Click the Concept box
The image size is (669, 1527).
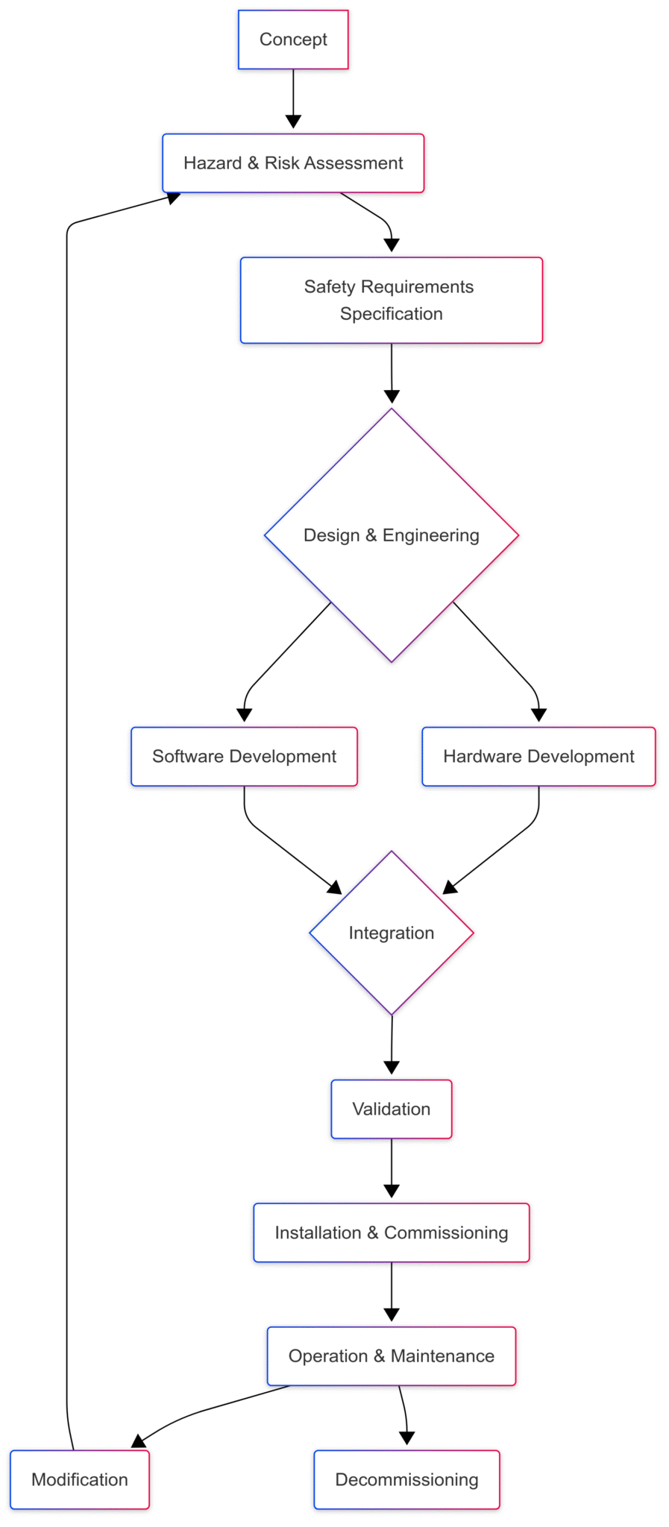293,40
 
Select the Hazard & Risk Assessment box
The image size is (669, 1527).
293,163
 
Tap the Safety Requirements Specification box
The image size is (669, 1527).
391,300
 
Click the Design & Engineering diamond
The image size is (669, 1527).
391,535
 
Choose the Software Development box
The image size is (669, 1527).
244,756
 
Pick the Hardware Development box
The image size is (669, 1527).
538,756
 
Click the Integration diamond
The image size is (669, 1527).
391,933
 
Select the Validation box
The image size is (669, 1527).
391,1109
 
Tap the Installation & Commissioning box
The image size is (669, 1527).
391,1232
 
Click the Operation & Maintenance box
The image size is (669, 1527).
391,1356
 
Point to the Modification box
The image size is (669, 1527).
80,1479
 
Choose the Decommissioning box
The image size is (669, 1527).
406,1479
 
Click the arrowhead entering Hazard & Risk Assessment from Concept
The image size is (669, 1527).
293,122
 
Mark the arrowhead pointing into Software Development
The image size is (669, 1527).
244,715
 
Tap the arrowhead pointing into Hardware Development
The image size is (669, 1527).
538,715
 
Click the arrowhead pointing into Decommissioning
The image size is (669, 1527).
406,1438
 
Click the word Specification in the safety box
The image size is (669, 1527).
391,314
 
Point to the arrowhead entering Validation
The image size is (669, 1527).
392,1067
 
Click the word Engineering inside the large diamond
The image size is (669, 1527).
430,535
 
